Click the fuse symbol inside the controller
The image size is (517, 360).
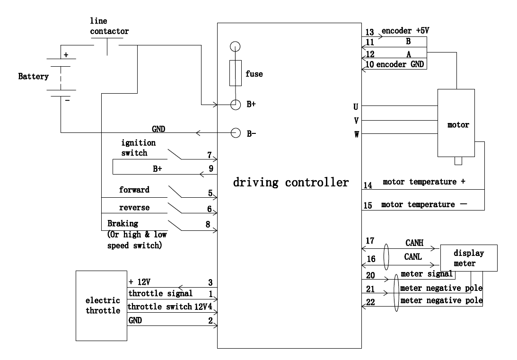[235, 73]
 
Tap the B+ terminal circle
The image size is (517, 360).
[235, 105]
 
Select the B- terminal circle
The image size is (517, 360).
[235, 133]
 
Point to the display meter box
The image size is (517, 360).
[469, 258]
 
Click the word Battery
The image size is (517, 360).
[33, 76]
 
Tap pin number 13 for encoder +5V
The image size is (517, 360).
[370, 33]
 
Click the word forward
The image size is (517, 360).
[135, 190]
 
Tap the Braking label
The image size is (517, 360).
[123, 224]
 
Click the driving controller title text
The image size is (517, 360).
[290, 182]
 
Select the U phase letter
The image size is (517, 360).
[356, 106]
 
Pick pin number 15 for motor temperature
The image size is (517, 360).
[368, 206]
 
